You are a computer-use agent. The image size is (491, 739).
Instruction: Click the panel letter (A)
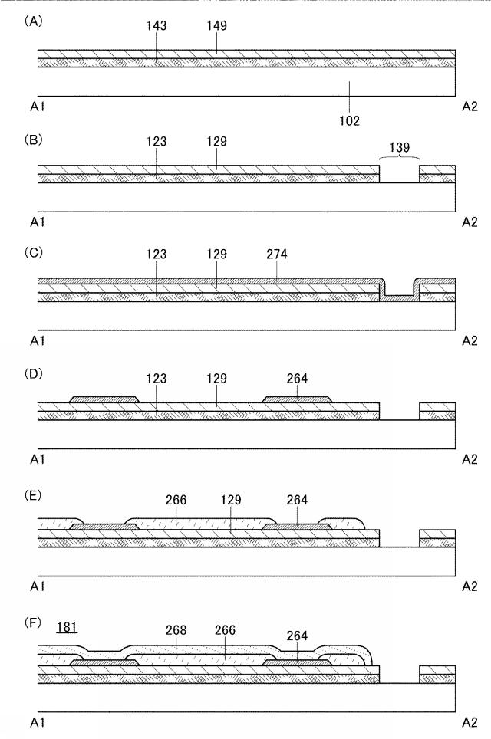[x=33, y=21]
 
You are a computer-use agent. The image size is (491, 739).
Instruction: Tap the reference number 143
[x=156, y=25]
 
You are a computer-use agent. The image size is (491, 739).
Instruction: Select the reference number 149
[x=216, y=25]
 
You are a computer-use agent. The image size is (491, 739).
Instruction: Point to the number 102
[x=349, y=121]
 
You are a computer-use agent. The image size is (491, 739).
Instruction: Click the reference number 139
[x=399, y=147]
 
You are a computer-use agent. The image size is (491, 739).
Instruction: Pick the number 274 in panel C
[x=277, y=255]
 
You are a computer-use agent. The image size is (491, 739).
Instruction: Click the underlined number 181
[x=67, y=627]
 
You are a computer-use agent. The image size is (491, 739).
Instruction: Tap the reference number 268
[x=176, y=630]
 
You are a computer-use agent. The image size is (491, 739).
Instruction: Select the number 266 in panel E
[x=176, y=500]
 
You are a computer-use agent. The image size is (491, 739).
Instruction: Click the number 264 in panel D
[x=297, y=379]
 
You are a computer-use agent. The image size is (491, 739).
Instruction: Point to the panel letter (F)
[x=33, y=623]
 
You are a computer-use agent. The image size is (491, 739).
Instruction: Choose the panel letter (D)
[x=33, y=374]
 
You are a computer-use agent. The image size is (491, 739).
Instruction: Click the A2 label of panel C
[x=470, y=340]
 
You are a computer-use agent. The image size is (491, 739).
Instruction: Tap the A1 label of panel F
[x=38, y=722]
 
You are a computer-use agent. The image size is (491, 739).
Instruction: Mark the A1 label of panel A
[x=38, y=107]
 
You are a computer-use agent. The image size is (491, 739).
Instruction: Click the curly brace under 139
[x=400, y=159]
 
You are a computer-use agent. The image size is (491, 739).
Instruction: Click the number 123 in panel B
[x=156, y=141]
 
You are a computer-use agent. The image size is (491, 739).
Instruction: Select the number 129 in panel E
[x=231, y=500]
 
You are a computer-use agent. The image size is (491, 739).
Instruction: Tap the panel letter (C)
[x=33, y=253]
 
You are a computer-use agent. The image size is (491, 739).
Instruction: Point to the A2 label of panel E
[x=470, y=586]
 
